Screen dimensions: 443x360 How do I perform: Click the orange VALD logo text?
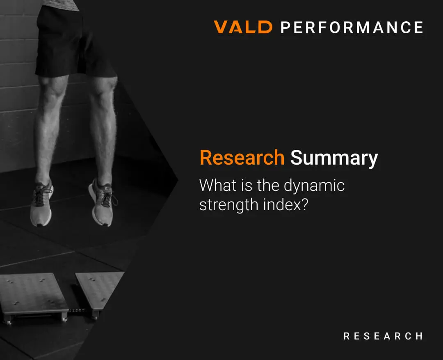pyautogui.click(x=243, y=27)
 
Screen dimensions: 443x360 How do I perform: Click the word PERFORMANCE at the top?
pyautogui.click(x=352, y=28)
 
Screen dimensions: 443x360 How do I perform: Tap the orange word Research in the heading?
pyautogui.click(x=242, y=158)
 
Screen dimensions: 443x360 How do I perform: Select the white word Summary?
pyautogui.click(x=334, y=158)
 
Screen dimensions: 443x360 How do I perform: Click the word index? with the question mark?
pyautogui.click(x=285, y=204)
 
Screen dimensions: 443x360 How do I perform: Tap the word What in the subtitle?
pyautogui.click(x=218, y=185)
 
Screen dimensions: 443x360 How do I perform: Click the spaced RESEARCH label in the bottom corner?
pyautogui.click(x=383, y=336)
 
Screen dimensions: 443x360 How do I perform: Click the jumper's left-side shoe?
pyautogui.click(x=41, y=203)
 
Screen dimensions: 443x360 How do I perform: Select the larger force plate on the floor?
pyautogui.click(x=34, y=297)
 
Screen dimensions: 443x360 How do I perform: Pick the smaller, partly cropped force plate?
pyautogui.click(x=99, y=291)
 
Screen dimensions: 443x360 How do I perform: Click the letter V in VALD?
pyautogui.click(x=222, y=27)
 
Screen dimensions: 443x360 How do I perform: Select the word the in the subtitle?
pyautogui.click(x=268, y=185)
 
